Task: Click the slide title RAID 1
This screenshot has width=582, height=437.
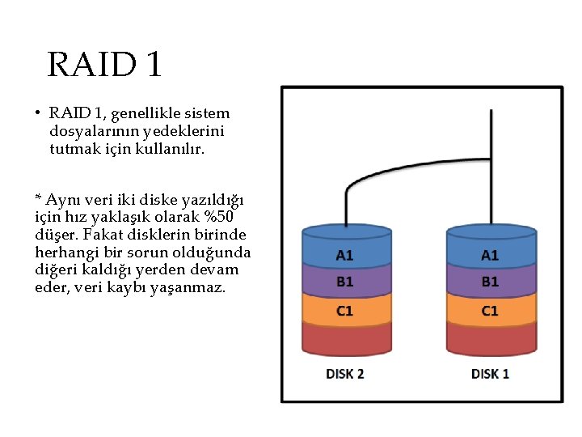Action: point(105,64)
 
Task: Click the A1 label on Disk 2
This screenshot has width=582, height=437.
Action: point(344,255)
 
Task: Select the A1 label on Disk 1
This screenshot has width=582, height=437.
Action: point(490,255)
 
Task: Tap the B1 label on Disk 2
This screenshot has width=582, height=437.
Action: point(344,282)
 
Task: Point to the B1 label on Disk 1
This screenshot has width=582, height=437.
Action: point(490,282)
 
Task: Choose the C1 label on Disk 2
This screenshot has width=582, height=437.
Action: point(344,311)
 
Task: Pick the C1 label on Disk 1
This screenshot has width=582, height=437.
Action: point(490,311)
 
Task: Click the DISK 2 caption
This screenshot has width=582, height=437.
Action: point(344,374)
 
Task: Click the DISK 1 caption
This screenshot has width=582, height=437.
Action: point(490,374)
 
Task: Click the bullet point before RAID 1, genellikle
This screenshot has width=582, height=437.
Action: point(38,114)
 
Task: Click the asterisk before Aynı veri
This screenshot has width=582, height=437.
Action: point(38,198)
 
